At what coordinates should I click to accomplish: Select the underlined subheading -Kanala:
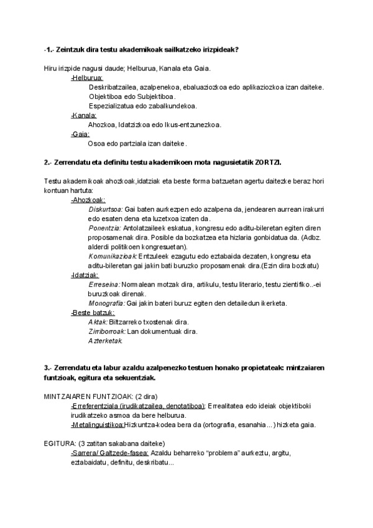coord(84,115)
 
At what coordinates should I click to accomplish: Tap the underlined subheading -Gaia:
coord(81,134)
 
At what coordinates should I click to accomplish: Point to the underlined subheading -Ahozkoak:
coord(88,200)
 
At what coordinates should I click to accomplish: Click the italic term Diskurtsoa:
coord(106,209)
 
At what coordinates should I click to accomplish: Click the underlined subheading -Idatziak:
coord(85,275)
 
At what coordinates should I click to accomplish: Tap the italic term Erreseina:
coord(105,284)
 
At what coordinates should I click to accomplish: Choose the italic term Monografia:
coord(107,303)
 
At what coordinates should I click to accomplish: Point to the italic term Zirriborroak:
coord(108,331)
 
